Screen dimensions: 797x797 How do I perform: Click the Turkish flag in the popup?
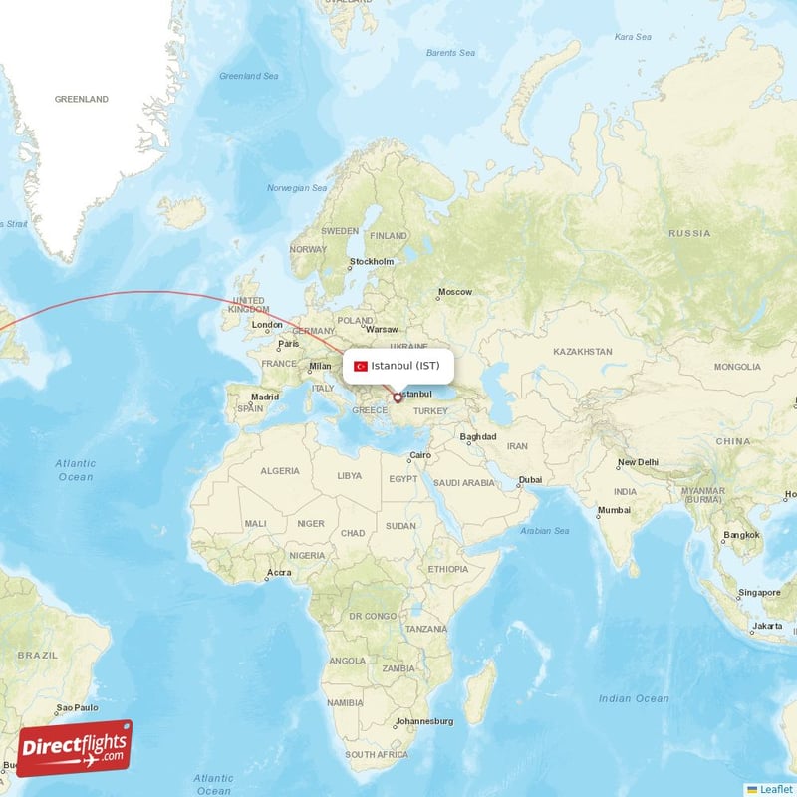(361, 366)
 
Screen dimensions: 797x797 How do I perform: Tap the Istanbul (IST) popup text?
(404, 366)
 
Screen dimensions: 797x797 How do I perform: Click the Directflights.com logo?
(75, 747)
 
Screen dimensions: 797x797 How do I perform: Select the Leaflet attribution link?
(775, 788)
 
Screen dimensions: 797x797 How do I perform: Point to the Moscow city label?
(455, 292)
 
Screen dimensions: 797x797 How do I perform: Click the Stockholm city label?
(371, 263)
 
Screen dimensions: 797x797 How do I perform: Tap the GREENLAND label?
(82, 100)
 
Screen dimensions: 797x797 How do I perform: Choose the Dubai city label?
(530, 480)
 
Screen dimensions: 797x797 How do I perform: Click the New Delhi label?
(638, 462)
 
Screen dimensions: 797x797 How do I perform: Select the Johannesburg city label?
(424, 720)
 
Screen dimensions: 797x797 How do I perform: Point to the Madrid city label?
(265, 397)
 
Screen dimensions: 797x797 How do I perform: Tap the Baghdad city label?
(478, 437)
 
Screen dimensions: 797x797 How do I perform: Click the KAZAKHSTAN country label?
(583, 352)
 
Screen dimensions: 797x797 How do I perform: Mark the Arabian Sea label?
(546, 530)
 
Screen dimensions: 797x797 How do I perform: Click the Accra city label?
(279, 573)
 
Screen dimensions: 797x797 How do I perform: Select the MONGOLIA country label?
(736, 367)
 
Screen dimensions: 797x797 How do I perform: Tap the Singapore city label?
(760, 592)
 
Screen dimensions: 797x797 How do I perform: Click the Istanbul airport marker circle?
(398, 398)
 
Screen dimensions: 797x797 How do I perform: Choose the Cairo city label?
(419, 456)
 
